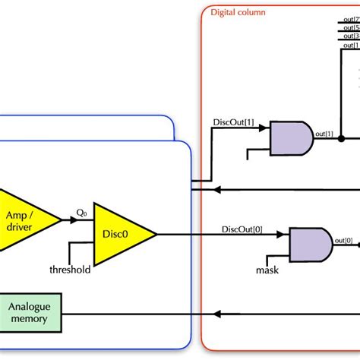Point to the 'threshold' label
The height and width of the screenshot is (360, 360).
[70, 270]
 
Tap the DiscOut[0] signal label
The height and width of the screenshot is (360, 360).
[242, 229]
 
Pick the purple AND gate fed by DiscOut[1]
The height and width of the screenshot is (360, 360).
[290, 138]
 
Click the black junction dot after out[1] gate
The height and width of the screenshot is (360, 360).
[342, 138]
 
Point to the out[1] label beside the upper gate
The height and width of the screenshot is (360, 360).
[324, 134]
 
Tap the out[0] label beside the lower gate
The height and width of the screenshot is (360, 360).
[343, 241]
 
